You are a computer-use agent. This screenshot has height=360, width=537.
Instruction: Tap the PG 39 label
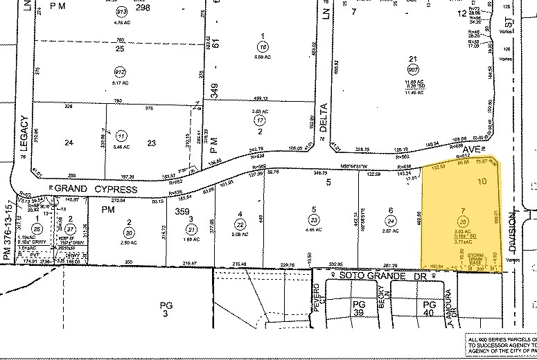pyautogui.click(x=358, y=308)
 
